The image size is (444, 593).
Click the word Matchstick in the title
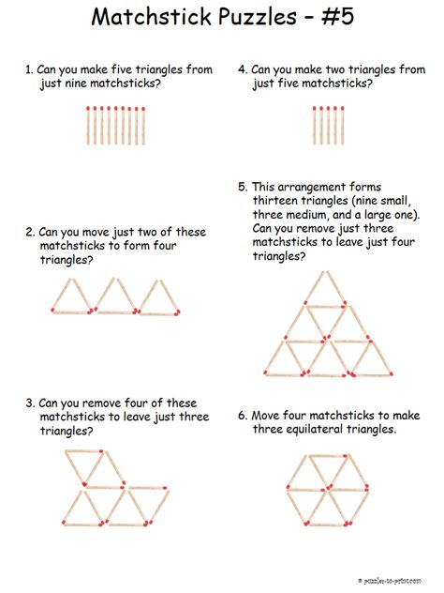(148, 18)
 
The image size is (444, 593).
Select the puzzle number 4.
(242, 70)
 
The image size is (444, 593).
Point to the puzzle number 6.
(242, 416)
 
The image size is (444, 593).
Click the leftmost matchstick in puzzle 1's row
(87, 126)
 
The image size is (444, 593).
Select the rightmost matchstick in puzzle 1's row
(143, 126)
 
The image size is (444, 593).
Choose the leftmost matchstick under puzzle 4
(315, 126)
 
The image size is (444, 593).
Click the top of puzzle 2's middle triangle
(115, 280)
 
